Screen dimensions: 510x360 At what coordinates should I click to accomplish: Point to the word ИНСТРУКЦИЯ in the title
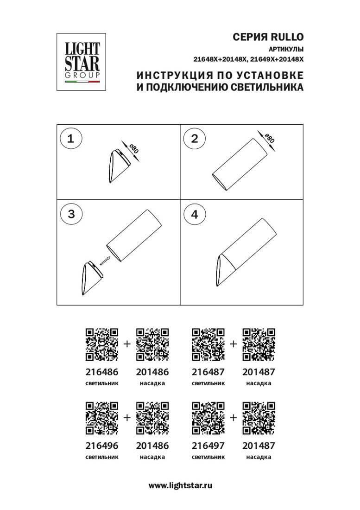[x=169, y=75]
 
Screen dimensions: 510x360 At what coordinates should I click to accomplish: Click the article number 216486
[x=102, y=371]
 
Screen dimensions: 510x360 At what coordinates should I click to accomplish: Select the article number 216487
[x=208, y=371]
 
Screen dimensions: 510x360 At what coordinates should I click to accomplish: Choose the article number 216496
[x=102, y=446]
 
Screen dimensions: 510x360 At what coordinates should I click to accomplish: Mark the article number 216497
[x=208, y=446]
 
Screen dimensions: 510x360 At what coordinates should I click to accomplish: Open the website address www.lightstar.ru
[x=180, y=485]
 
